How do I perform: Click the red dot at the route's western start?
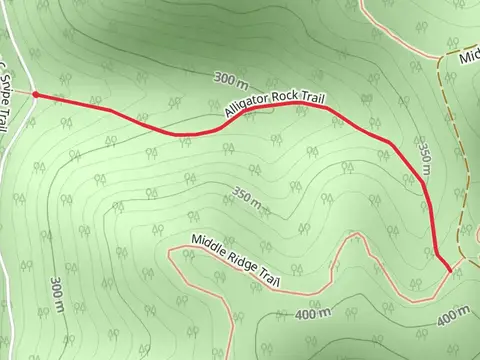[36, 95]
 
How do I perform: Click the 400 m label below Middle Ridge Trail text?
[314, 314]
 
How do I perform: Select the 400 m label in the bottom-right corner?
[453, 317]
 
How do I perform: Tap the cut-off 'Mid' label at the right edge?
[469, 57]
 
